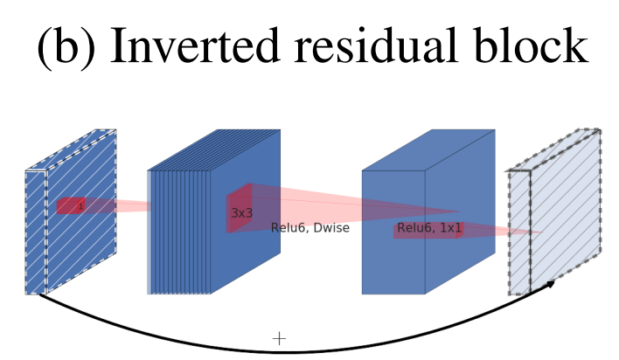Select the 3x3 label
tap(241, 213)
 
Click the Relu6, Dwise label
tap(309, 228)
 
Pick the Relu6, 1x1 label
tap(429, 228)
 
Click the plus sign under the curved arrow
tap(279, 338)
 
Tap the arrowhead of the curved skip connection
tap(550, 283)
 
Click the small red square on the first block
tap(71, 206)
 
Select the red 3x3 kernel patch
tap(239, 208)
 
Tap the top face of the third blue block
tap(428, 149)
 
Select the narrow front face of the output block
tap(519, 232)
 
